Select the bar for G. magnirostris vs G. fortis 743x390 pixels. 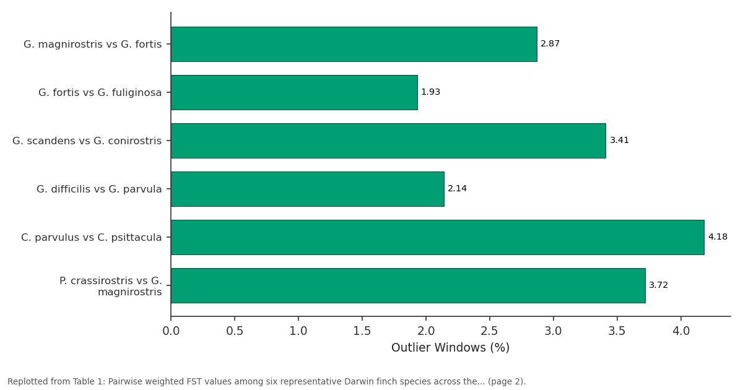pos(354,44)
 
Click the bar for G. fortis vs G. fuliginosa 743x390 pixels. pos(294,92)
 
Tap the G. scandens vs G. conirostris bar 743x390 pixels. pos(388,141)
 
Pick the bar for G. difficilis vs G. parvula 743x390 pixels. pos(308,189)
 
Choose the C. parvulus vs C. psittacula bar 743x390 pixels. pos(438,238)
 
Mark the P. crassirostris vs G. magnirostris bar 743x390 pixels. pos(408,285)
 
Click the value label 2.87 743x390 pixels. pos(550,44)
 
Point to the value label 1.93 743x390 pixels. pos(430,92)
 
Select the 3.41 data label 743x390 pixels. pos(619,141)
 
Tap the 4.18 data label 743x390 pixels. pos(718,236)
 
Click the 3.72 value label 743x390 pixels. pos(658,285)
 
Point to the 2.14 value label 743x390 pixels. pos(457,189)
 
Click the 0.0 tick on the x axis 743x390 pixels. pos(171,331)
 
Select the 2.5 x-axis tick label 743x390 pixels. pos(490,331)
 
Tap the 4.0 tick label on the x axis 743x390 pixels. pos(681,331)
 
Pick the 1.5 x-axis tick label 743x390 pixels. pos(362,331)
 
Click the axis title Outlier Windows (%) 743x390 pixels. pos(451,347)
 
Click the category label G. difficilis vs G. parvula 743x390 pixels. pos(99,189)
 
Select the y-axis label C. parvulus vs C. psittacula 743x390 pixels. pos(92,238)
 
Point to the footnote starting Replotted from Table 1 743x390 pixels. pos(267,381)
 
